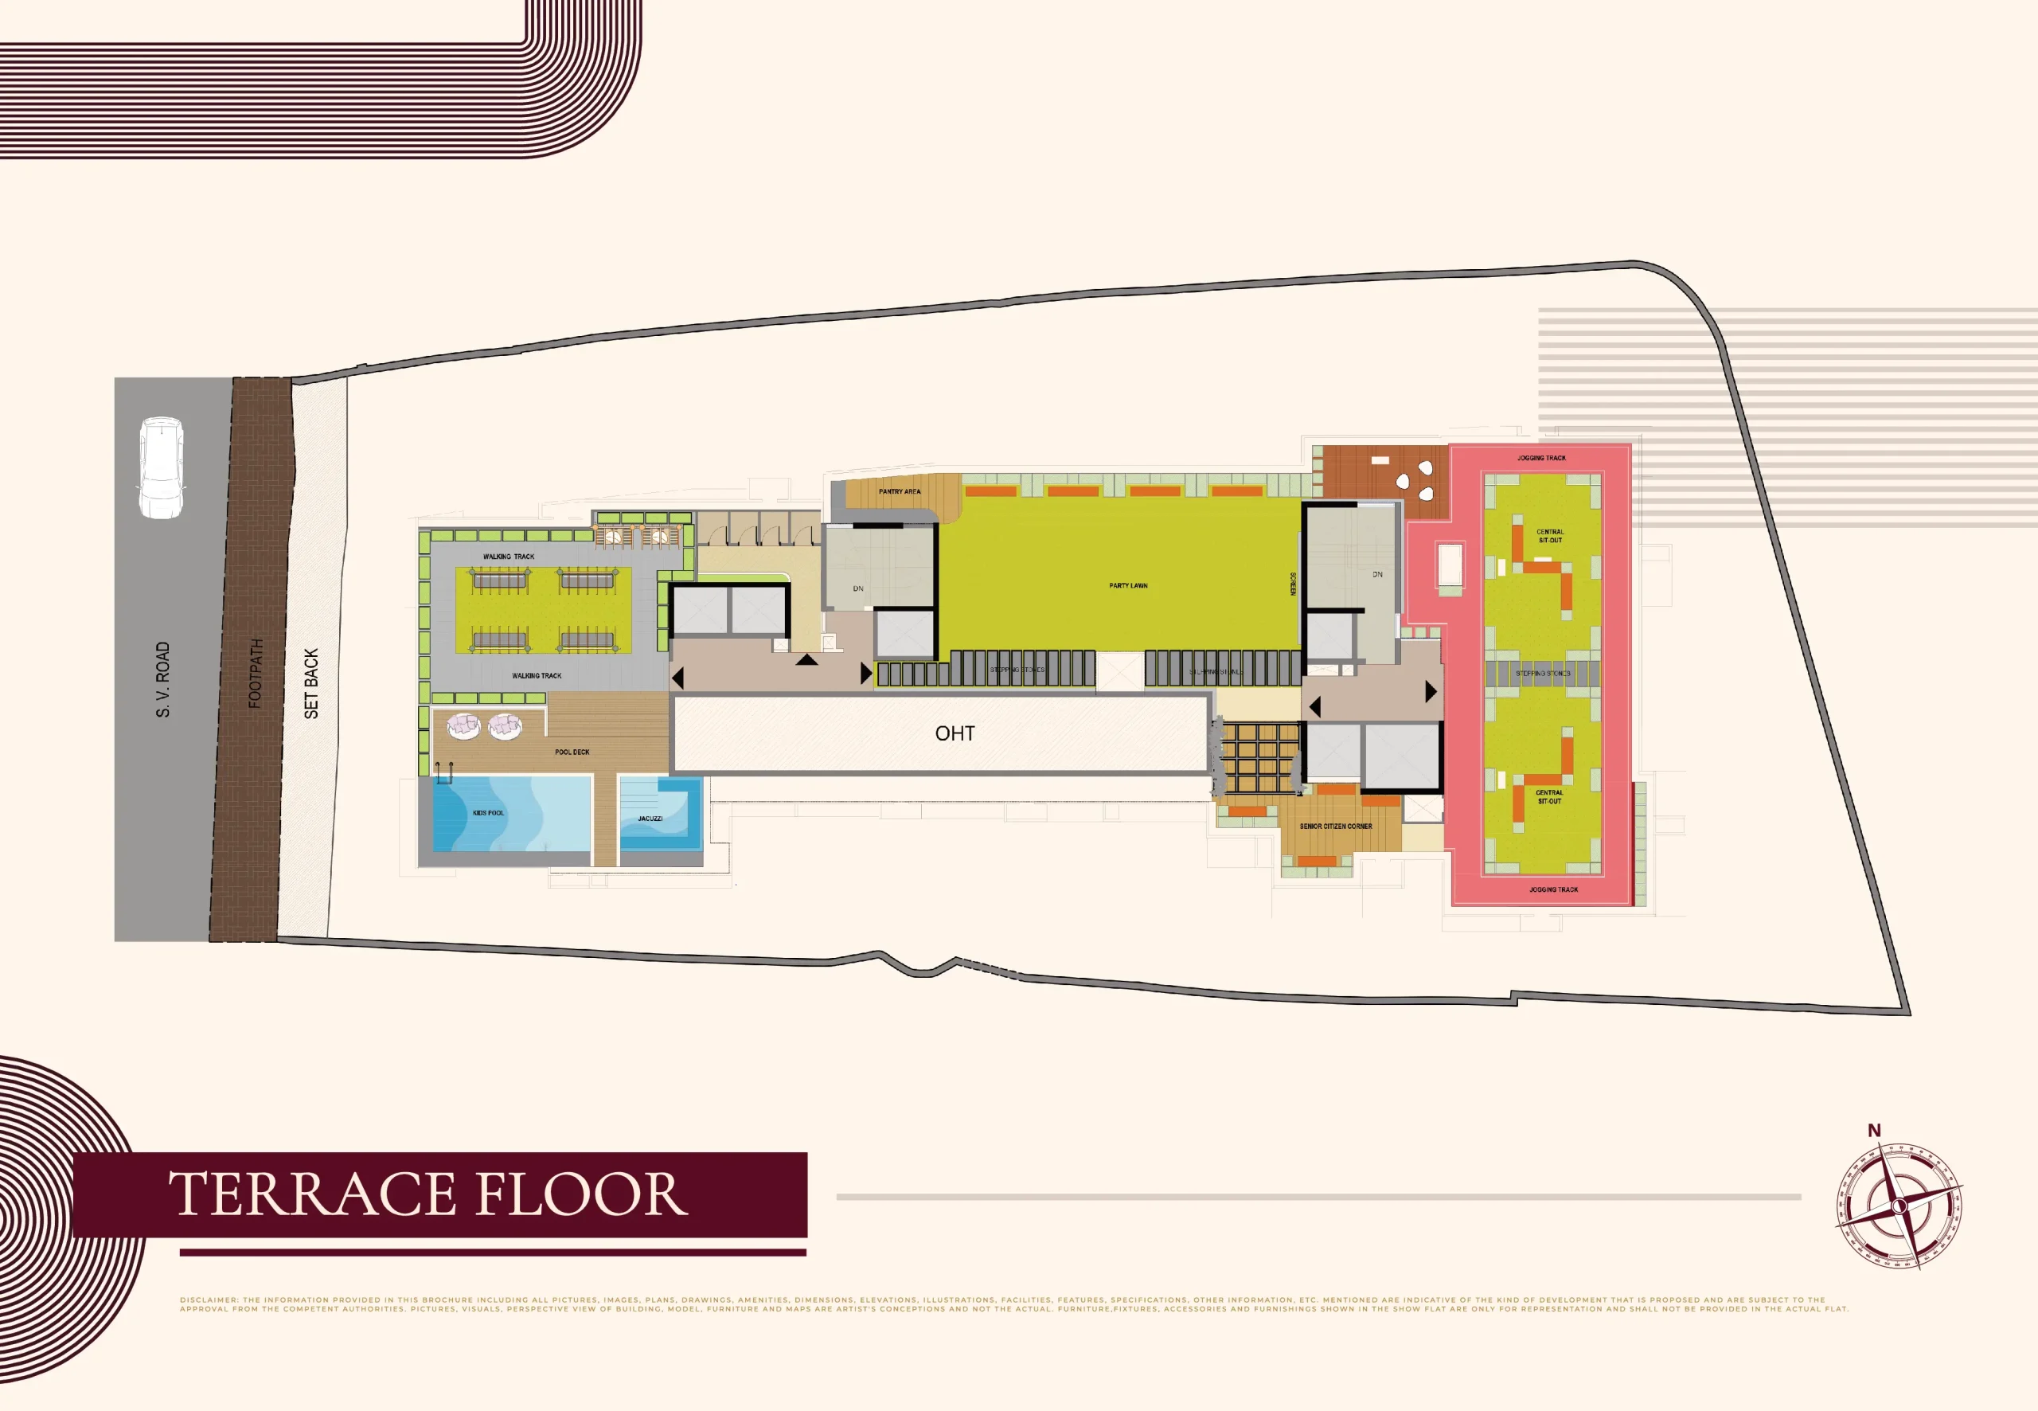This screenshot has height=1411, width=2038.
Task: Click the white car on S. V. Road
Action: click(x=161, y=467)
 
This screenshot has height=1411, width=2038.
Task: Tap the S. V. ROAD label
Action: click(x=162, y=679)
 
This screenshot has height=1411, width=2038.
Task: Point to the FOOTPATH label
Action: click(x=256, y=673)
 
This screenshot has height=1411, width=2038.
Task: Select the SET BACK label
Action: click(x=311, y=683)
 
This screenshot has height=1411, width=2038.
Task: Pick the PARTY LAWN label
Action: click(x=1128, y=585)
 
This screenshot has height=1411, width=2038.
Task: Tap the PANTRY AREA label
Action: click(x=899, y=491)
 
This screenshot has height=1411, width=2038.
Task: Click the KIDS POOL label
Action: click(x=488, y=812)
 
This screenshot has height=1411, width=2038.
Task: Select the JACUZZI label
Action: click(x=650, y=819)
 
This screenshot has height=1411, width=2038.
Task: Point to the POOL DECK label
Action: click(x=572, y=752)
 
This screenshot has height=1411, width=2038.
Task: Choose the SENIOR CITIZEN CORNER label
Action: click(x=1335, y=827)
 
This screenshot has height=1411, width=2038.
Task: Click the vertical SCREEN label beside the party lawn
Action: click(x=1292, y=584)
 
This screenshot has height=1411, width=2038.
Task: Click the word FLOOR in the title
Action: click(x=581, y=1194)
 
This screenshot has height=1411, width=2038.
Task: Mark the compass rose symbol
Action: click(x=1899, y=1206)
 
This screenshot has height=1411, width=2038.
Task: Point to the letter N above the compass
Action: click(x=1874, y=1130)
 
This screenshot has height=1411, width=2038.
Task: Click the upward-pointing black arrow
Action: click(x=806, y=659)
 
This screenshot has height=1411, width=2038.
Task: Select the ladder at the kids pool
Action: click(x=443, y=773)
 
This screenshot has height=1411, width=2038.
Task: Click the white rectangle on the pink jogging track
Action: click(x=1450, y=565)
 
